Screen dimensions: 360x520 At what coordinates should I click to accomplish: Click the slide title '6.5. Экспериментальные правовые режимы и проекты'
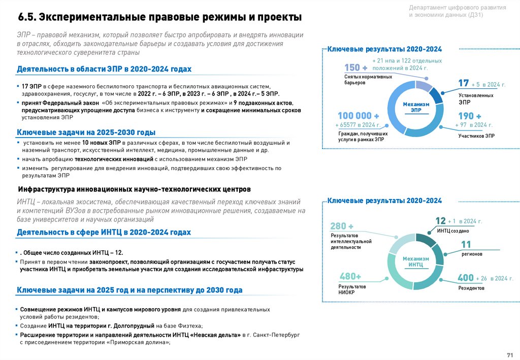coord(160,17)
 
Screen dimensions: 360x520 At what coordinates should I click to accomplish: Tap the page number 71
coord(510,354)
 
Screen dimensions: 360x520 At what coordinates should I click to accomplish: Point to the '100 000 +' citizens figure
coord(358,116)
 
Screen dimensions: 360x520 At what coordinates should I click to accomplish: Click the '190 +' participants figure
coord(466,116)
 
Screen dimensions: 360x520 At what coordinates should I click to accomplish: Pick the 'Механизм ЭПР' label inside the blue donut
coord(416,107)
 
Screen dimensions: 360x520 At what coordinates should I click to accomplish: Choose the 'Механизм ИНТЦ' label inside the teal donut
coord(416,261)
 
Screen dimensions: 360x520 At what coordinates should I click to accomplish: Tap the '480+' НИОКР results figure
coord(350,276)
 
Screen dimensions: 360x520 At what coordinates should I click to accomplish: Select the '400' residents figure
coord(465,278)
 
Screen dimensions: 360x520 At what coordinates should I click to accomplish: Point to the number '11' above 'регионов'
coord(466,245)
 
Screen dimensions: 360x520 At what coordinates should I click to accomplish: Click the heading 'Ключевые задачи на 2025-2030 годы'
coord(86,133)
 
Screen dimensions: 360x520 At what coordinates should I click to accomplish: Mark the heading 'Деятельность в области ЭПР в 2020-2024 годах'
coord(104,69)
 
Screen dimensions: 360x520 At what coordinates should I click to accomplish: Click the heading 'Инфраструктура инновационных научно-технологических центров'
coord(134,189)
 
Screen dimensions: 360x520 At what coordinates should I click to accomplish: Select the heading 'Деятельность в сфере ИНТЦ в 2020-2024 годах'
coord(104,232)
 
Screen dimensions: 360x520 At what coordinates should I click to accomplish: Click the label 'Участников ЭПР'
coord(476,136)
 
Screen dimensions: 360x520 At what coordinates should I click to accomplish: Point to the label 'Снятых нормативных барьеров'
coord(368,79)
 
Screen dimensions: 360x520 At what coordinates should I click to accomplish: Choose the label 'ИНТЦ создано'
coord(453,231)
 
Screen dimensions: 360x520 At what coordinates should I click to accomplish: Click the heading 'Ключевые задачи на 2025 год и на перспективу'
coord(129,290)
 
